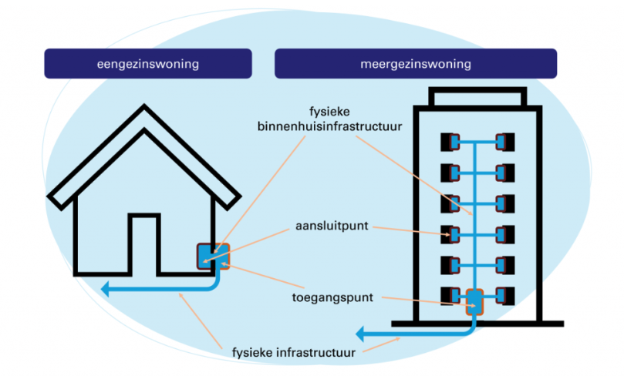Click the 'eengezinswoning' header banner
[x=148, y=63]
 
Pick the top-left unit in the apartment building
[x=450, y=143]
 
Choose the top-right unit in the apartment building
[x=505, y=143]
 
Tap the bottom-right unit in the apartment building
[x=505, y=294]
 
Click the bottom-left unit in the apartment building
[x=450, y=294]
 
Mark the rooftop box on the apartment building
[x=477, y=98]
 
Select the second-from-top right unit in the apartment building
[x=505, y=173]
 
